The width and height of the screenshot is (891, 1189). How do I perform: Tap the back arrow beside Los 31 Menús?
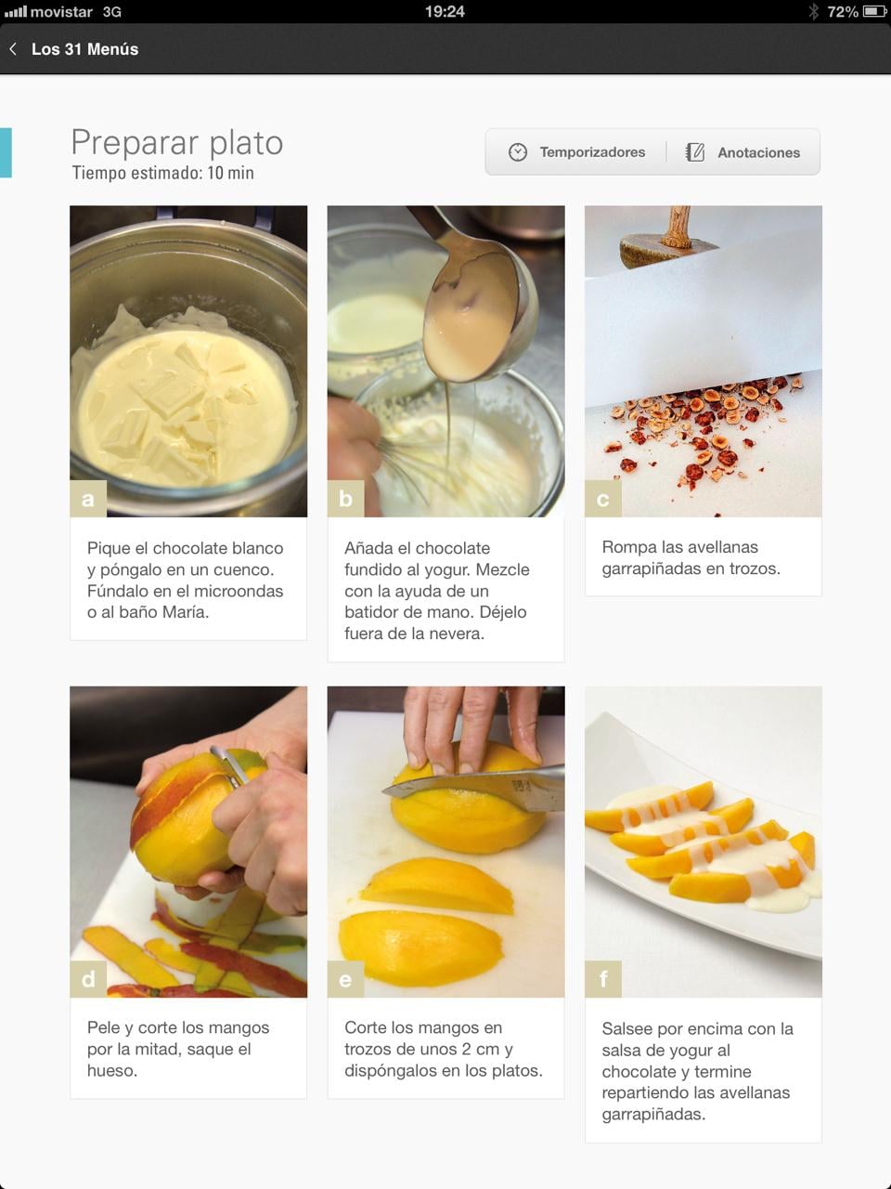click(13, 48)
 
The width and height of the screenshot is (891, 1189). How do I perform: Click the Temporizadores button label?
click(592, 152)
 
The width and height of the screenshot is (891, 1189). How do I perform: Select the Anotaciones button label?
click(758, 152)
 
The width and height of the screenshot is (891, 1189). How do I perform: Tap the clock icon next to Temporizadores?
click(518, 152)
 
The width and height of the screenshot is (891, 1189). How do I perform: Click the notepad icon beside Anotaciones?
click(694, 152)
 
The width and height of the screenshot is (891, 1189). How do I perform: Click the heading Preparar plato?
click(177, 143)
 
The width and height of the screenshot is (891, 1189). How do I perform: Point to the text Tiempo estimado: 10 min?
click(162, 173)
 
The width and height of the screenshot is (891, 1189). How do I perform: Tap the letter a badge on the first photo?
click(88, 498)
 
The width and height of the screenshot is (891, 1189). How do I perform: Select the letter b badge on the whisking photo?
click(345, 498)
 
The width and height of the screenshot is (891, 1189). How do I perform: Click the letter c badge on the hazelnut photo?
click(603, 498)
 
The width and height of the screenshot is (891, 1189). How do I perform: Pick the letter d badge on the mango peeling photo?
click(88, 979)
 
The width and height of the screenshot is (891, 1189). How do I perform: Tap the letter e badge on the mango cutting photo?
click(345, 979)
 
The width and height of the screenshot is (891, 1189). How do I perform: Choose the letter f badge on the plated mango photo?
click(603, 979)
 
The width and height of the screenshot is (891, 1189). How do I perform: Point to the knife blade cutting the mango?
click(476, 787)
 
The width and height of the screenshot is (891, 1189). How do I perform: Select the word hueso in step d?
click(112, 1070)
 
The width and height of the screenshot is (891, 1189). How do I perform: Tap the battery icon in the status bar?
click(873, 11)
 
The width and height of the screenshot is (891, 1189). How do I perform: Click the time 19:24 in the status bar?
click(445, 11)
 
